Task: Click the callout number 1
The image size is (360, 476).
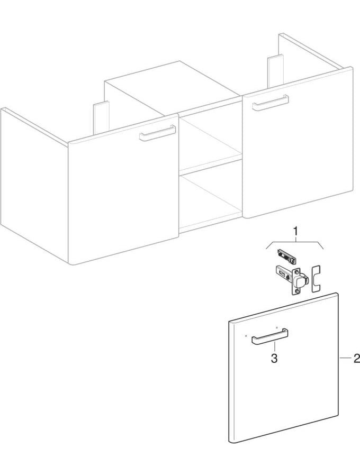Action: pos(296,231)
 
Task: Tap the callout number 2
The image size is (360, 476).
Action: pos(356,359)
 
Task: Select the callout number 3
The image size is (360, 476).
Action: pos(274,358)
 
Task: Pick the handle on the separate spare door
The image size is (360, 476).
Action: pos(269,336)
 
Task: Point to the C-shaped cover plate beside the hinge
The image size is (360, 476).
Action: pos(316,278)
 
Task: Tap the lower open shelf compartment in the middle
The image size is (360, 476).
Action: pos(211,201)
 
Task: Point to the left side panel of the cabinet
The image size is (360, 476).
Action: pos(32,185)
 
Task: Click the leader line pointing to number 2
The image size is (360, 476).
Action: pos(345,359)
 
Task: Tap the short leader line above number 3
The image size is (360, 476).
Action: pos(274,346)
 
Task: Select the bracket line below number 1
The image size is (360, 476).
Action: pos(296,241)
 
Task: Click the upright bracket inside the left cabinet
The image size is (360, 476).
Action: pos(101,115)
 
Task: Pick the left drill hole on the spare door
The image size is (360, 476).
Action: pos(247,335)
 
